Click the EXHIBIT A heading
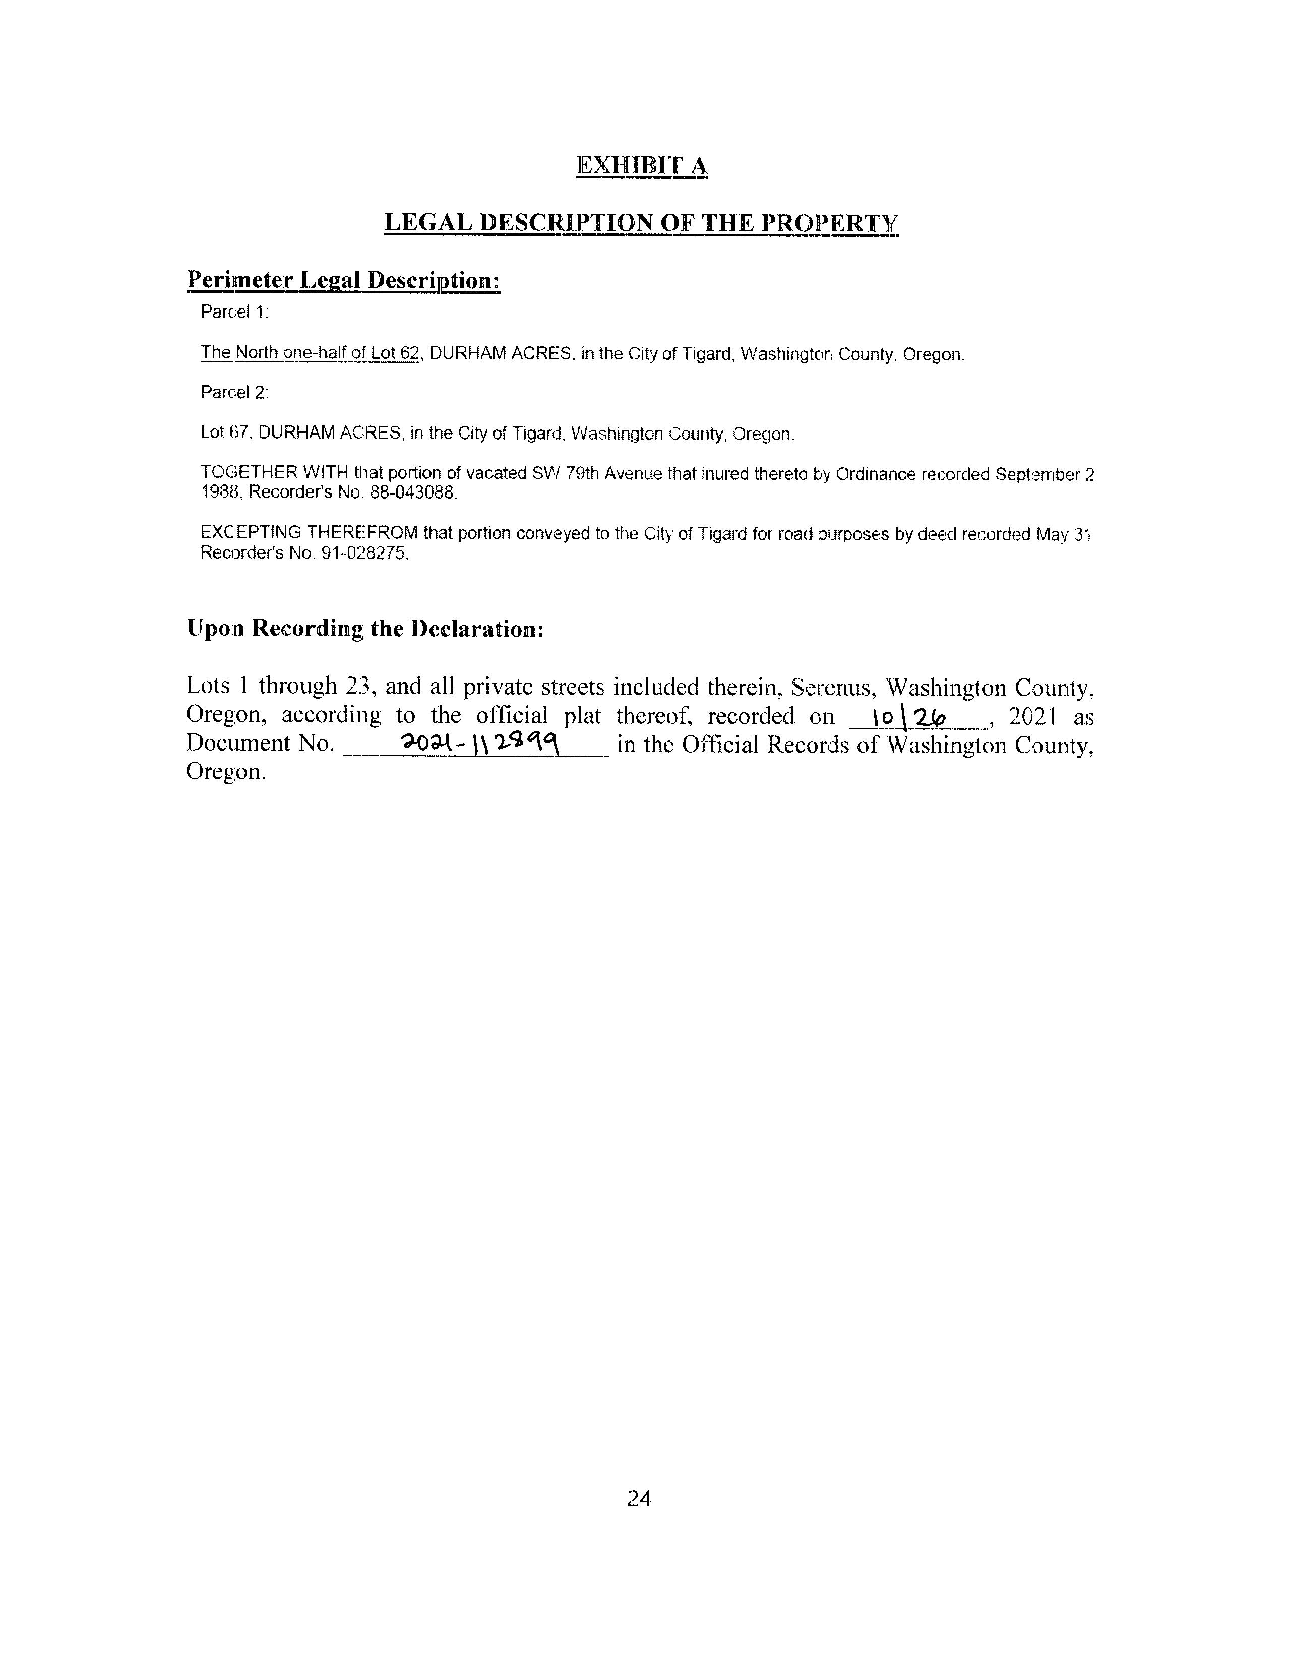coord(642,166)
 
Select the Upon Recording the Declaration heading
coord(364,629)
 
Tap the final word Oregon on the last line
coord(225,772)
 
